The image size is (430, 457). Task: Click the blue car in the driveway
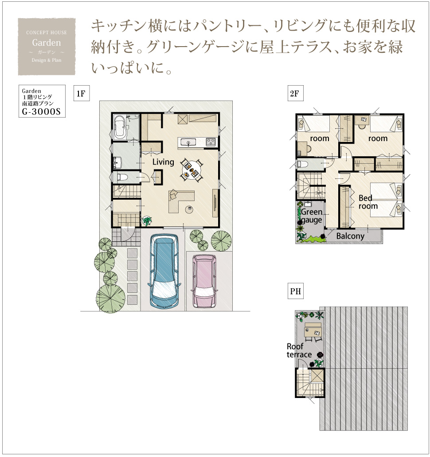point(164,271)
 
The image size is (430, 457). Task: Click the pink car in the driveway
point(204,281)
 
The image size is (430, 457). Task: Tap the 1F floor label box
point(81,93)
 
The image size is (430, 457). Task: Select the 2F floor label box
point(295,93)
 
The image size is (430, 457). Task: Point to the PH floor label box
point(296,291)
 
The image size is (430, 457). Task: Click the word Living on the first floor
point(163,162)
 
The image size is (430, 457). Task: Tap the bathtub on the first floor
point(120,127)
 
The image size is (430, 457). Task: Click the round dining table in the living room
point(191,169)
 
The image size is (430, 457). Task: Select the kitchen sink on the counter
point(188,142)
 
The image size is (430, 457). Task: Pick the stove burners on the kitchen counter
point(211,142)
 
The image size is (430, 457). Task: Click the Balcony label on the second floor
point(350,236)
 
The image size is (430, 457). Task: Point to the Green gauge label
point(312,216)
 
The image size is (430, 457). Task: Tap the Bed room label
point(368,202)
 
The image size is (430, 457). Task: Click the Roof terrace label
point(299,351)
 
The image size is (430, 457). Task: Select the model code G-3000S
point(41,111)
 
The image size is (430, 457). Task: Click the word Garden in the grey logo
point(47,43)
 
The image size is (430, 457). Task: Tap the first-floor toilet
point(122,177)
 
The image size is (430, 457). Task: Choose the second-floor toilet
point(303,164)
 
